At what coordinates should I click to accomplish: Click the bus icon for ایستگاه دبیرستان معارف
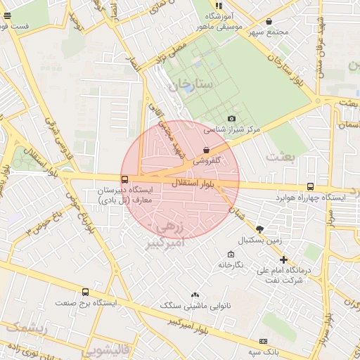(124, 179)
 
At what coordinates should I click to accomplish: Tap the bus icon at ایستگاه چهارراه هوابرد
(310, 186)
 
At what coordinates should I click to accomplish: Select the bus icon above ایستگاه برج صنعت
(85, 292)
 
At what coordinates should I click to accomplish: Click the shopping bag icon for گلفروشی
(205, 150)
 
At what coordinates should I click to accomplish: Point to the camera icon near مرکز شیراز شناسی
(231, 119)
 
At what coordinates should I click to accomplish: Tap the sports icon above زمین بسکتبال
(259, 229)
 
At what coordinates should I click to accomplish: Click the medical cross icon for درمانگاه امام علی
(283, 259)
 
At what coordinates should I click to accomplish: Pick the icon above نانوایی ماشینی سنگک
(195, 295)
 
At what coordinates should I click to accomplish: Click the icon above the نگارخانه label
(230, 254)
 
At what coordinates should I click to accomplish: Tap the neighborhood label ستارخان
(190, 85)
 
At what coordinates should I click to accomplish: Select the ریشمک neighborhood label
(25, 327)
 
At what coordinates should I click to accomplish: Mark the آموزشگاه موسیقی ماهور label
(224, 21)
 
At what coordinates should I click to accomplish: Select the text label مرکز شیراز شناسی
(232, 129)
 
